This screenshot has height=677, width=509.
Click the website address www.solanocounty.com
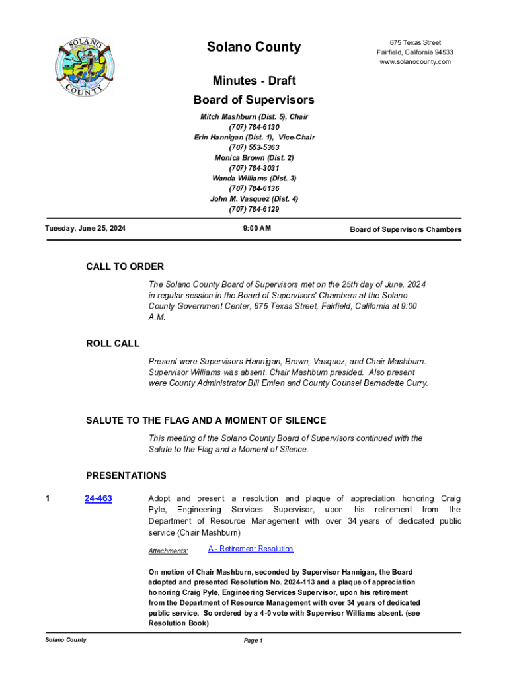tap(415, 62)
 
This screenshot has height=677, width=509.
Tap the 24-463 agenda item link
tap(98, 499)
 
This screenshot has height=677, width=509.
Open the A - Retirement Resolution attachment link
tap(251, 549)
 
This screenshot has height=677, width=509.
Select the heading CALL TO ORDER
tap(125, 267)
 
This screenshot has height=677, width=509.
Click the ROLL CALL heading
tap(112, 344)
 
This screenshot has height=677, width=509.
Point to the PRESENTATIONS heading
tap(126, 476)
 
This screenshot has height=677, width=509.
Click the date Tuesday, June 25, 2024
tap(85, 229)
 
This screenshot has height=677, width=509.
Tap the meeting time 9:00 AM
tap(254, 229)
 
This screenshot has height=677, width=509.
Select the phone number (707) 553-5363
tap(254, 147)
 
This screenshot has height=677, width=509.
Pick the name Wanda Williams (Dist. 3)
tap(254, 179)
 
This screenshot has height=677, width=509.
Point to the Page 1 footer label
tap(254, 641)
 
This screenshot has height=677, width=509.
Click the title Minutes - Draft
tap(254, 81)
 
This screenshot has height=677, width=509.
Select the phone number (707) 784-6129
tap(254, 210)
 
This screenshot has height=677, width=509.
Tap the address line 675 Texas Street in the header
tap(415, 42)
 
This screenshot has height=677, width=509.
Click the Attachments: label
tap(168, 551)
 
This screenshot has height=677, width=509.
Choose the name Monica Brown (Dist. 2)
tap(254, 158)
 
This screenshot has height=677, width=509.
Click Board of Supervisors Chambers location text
tap(405, 230)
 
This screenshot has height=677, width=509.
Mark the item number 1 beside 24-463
tap(48, 499)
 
